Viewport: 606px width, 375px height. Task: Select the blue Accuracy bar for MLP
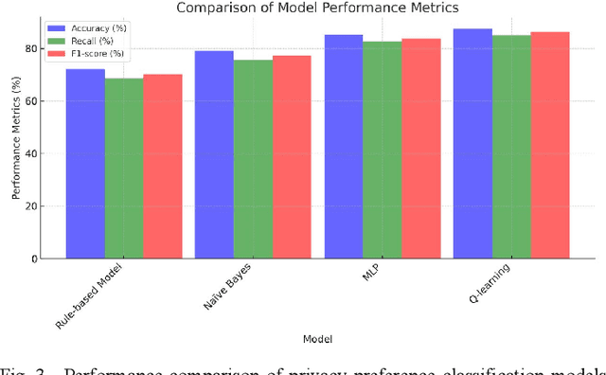coord(344,146)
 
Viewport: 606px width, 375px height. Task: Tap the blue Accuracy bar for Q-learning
coord(472,143)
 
